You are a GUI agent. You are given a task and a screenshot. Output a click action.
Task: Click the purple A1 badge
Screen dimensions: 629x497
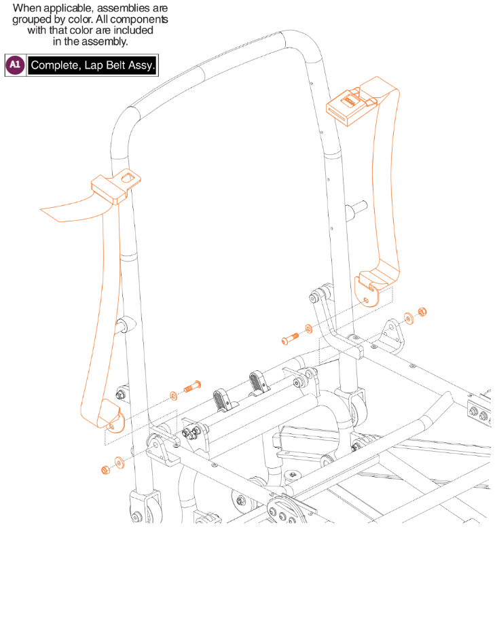pyautogui.click(x=15, y=65)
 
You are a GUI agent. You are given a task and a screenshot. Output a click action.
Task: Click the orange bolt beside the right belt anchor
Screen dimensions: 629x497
pyautogui.click(x=288, y=337)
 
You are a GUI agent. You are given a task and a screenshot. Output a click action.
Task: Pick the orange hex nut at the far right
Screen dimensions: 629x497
pyautogui.click(x=421, y=312)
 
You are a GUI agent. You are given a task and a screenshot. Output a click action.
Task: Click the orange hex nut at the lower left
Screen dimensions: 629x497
pyautogui.click(x=105, y=470)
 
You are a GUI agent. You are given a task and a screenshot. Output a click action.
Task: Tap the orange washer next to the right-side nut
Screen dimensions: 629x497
pyautogui.click(x=409, y=317)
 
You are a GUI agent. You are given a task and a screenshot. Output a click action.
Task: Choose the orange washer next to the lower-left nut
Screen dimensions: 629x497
pyautogui.click(x=119, y=463)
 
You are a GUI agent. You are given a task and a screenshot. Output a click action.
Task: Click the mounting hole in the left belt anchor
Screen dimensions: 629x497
pyautogui.click(x=111, y=425)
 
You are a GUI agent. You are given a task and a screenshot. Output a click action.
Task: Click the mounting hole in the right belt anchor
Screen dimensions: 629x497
pyautogui.click(x=367, y=298)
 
